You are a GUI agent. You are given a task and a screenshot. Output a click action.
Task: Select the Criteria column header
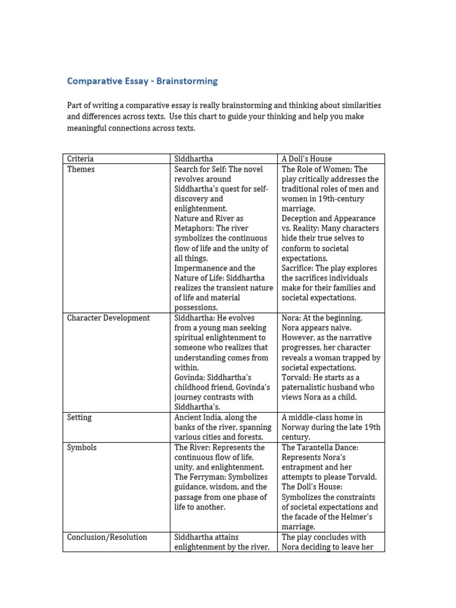[x=80, y=159]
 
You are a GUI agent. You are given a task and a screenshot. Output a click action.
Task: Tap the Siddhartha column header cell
[x=193, y=159]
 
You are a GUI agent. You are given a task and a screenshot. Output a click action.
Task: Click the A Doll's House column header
[x=306, y=159]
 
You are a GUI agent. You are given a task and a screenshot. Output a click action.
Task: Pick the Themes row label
[x=81, y=169]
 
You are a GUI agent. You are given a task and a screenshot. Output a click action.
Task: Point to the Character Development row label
[x=108, y=318]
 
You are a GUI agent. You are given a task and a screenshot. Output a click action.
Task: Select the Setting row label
[x=79, y=417]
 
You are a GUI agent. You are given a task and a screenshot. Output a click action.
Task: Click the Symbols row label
[x=81, y=447]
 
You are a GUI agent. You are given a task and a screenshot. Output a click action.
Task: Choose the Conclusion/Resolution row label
[x=107, y=537]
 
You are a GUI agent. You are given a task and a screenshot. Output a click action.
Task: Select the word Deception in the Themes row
[x=302, y=218]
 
